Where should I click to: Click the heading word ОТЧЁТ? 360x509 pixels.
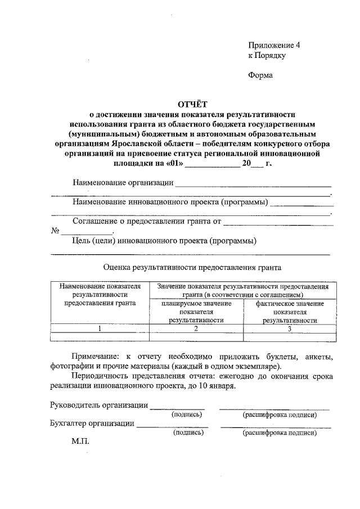coord(192,103)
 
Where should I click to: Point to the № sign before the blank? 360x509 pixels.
coord(55,231)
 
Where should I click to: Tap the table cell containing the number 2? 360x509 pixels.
coord(196,328)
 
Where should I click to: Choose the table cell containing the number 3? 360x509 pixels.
coord(290,328)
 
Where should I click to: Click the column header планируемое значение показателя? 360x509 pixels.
coord(196,312)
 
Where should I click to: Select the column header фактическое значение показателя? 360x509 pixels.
coord(290,312)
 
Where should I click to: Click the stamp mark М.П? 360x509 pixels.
coord(80,443)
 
